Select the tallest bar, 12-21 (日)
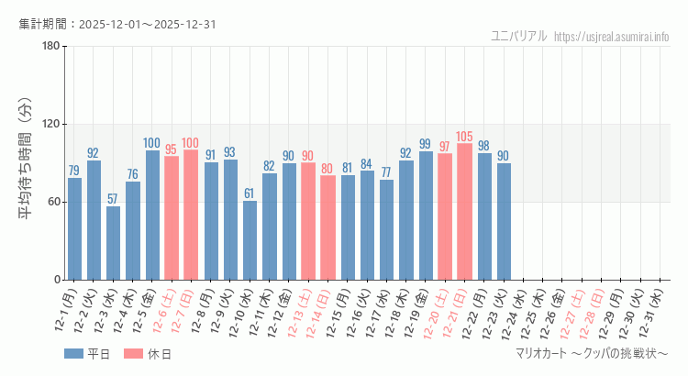(464, 212)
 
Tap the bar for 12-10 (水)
(250, 240)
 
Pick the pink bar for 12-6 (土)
(172, 218)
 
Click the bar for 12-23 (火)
(504, 221)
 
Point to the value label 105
(464, 137)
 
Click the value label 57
(113, 199)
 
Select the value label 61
(250, 194)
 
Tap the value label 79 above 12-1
(74, 171)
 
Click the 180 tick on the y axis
(50, 47)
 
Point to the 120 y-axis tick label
(50, 125)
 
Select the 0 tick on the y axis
(56, 280)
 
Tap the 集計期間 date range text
(117, 24)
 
